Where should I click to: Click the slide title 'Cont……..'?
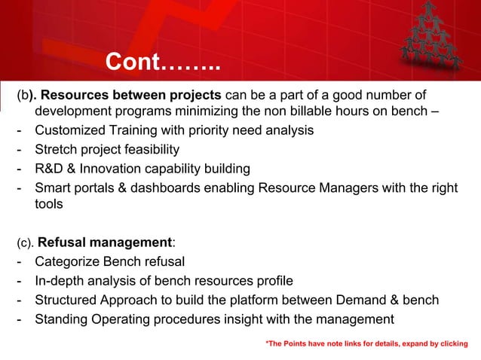tap(162, 63)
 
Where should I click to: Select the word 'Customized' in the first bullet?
tap(71, 130)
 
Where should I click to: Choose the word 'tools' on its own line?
tap(50, 203)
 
